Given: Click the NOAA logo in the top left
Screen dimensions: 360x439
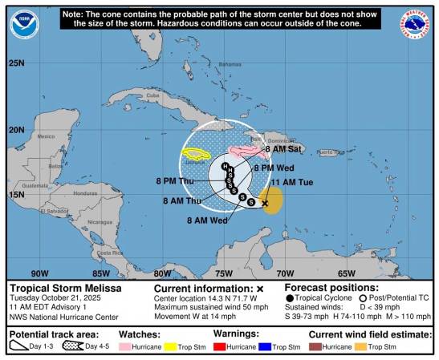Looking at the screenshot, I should point(23,24).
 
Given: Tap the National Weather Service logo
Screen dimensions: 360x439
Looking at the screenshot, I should point(415,24).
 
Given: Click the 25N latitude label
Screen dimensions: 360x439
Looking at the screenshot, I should point(17,63).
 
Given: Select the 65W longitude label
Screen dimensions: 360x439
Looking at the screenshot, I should point(346,273).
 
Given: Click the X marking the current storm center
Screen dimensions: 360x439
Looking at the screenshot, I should point(265,204).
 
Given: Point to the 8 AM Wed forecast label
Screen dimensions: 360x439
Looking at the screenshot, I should point(205,220).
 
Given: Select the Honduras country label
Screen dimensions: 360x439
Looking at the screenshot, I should point(85,193).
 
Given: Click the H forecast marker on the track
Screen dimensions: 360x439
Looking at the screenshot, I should point(226,166).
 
